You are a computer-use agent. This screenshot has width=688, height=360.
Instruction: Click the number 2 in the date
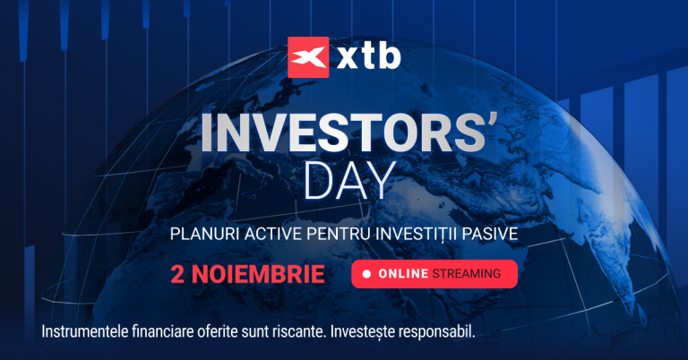click(176, 274)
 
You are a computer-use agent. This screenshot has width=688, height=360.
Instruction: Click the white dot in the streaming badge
click(366, 274)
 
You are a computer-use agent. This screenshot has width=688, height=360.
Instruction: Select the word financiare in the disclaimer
click(171, 331)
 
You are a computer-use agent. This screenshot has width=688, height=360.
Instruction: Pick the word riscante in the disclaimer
click(296, 331)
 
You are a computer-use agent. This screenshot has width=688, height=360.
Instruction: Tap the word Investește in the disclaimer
click(363, 331)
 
